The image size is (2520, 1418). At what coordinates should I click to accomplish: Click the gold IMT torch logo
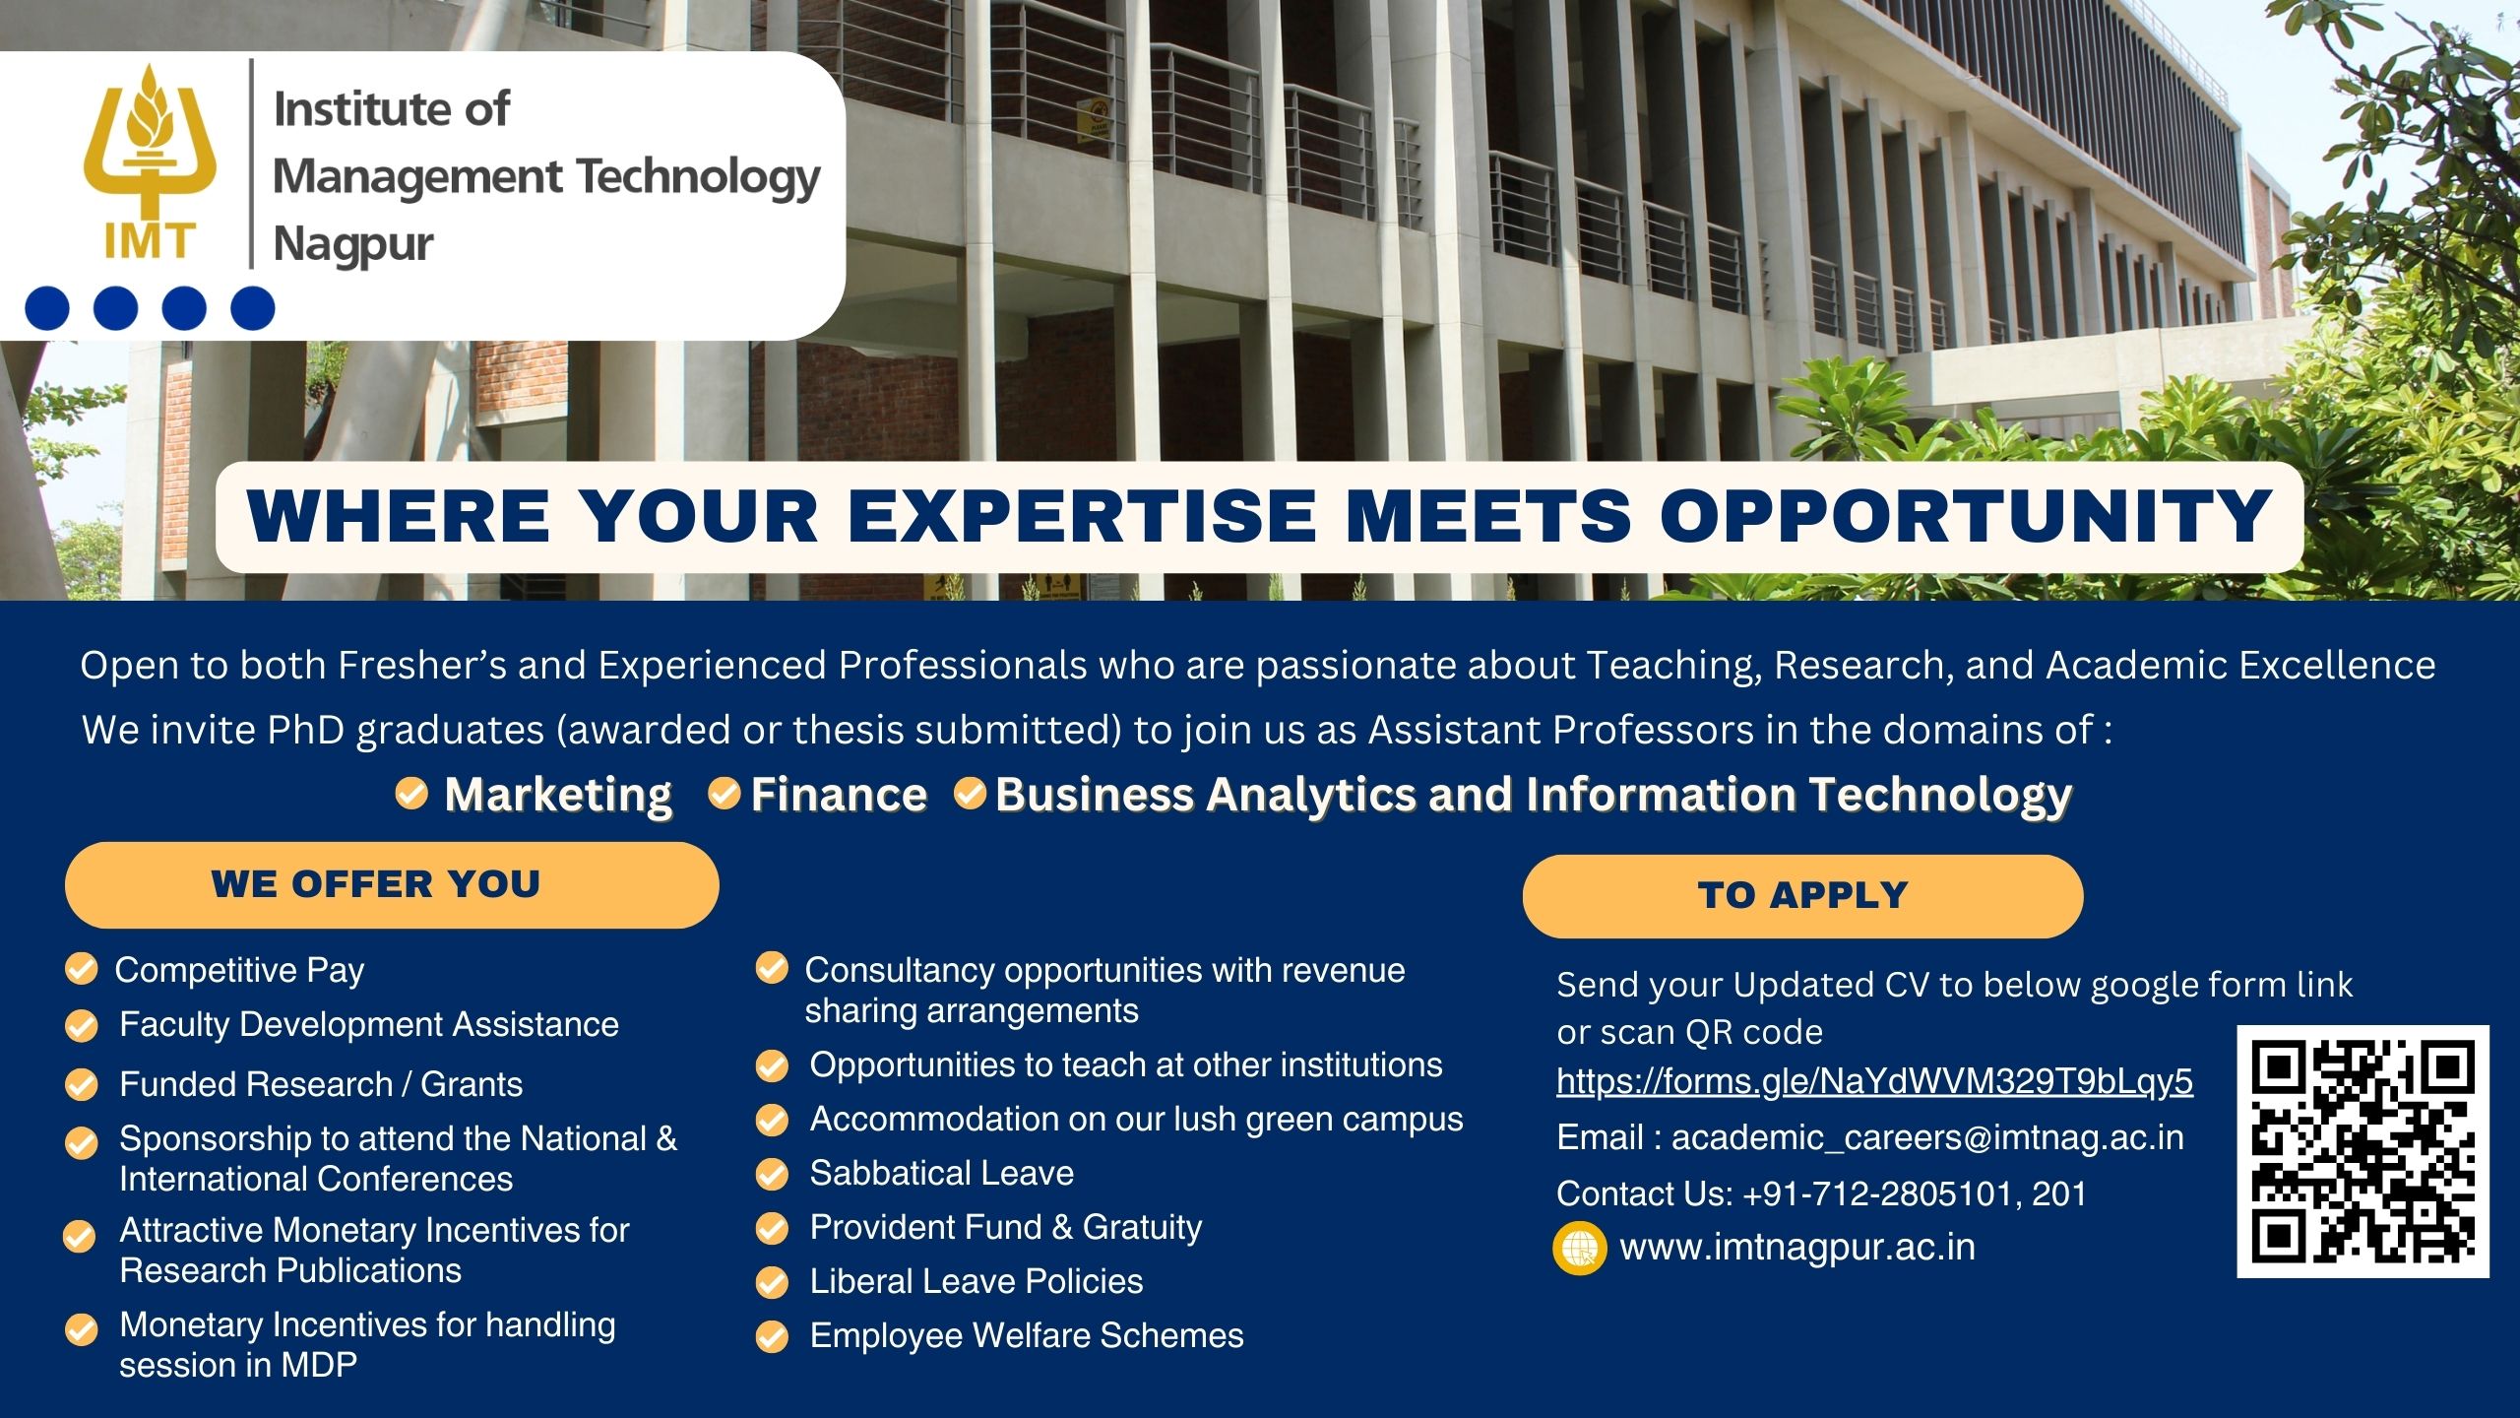150,162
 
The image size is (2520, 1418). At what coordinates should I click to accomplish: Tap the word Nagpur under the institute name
353,244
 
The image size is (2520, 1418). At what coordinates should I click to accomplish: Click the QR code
2362,1151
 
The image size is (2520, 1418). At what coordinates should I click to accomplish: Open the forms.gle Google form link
1874,1081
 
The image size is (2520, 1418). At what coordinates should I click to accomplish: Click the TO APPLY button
1802,895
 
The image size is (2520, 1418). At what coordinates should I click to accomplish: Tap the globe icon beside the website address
1579,1249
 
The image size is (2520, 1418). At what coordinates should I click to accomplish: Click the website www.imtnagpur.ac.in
1797,1247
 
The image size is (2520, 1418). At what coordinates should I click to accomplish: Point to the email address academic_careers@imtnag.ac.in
1927,1137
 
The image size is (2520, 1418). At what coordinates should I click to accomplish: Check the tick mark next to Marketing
411,793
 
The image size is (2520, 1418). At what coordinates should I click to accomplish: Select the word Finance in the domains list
839,795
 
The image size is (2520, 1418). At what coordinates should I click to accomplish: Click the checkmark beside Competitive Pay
81,969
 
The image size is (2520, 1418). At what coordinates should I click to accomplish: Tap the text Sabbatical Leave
941,1173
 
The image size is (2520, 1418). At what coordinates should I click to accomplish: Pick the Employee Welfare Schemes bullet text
1026,1335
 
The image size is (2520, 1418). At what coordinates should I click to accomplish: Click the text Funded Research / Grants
321,1084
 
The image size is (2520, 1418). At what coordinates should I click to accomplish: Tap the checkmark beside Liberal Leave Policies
772,1282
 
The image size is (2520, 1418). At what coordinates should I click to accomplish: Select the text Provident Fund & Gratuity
1005,1227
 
